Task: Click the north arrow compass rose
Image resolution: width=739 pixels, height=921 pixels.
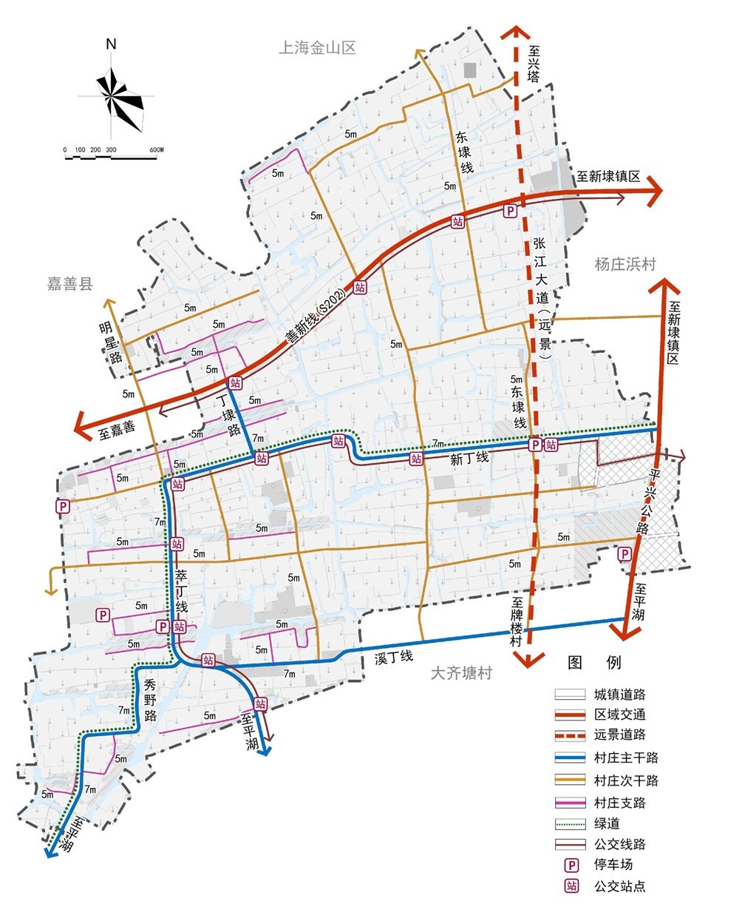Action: point(112,95)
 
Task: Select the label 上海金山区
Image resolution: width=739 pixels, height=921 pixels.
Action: point(317,49)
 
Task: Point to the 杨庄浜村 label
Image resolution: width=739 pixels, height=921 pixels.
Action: point(625,264)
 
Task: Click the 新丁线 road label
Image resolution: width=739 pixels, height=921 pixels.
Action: point(469,459)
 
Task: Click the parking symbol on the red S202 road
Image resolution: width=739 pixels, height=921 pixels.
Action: point(510,212)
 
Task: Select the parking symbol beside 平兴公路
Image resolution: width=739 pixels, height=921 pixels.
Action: point(625,554)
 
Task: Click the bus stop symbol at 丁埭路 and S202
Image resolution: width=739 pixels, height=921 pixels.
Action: point(235,382)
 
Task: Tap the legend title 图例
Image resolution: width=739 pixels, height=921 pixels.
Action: point(594,662)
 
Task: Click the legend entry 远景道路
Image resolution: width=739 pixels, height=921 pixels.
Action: point(620,735)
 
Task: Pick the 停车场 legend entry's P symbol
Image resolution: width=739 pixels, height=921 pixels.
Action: point(571,865)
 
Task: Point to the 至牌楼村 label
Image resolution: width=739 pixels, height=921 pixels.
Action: point(516,623)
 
